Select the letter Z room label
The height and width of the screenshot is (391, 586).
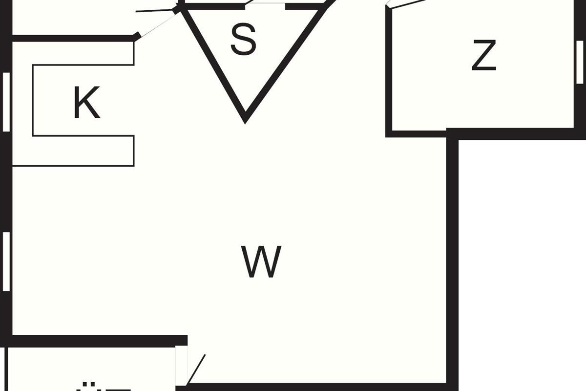click(x=484, y=56)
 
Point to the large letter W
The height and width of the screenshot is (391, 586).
click(x=262, y=262)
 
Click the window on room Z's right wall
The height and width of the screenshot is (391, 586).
click(x=580, y=62)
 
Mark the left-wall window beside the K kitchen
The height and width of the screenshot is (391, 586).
click(x=6, y=102)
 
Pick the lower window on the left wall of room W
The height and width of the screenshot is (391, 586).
click(x=6, y=261)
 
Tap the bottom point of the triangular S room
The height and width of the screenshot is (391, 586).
click(x=245, y=117)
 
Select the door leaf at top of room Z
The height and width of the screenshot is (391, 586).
click(x=405, y=4)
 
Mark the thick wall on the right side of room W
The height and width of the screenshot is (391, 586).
click(x=452, y=259)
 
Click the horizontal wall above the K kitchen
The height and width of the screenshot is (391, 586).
click(x=73, y=38)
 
